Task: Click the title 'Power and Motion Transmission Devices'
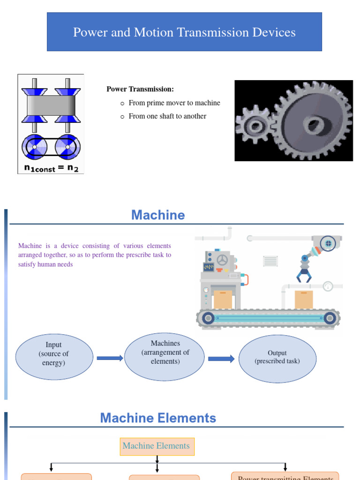click(184, 32)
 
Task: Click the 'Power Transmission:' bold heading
click(140, 89)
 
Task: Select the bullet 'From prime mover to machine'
click(174, 103)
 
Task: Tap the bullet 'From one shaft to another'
click(167, 116)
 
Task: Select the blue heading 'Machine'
click(158, 215)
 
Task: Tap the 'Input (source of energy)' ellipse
click(54, 354)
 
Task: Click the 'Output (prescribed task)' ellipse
click(277, 357)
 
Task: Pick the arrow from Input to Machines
click(110, 358)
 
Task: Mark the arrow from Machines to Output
click(221, 359)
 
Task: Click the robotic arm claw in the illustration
click(303, 275)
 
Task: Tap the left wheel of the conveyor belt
click(208, 319)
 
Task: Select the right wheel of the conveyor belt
click(330, 319)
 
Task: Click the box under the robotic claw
click(303, 300)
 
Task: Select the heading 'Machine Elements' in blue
click(158, 418)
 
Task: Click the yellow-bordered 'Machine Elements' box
click(157, 446)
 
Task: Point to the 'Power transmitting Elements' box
click(285, 476)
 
